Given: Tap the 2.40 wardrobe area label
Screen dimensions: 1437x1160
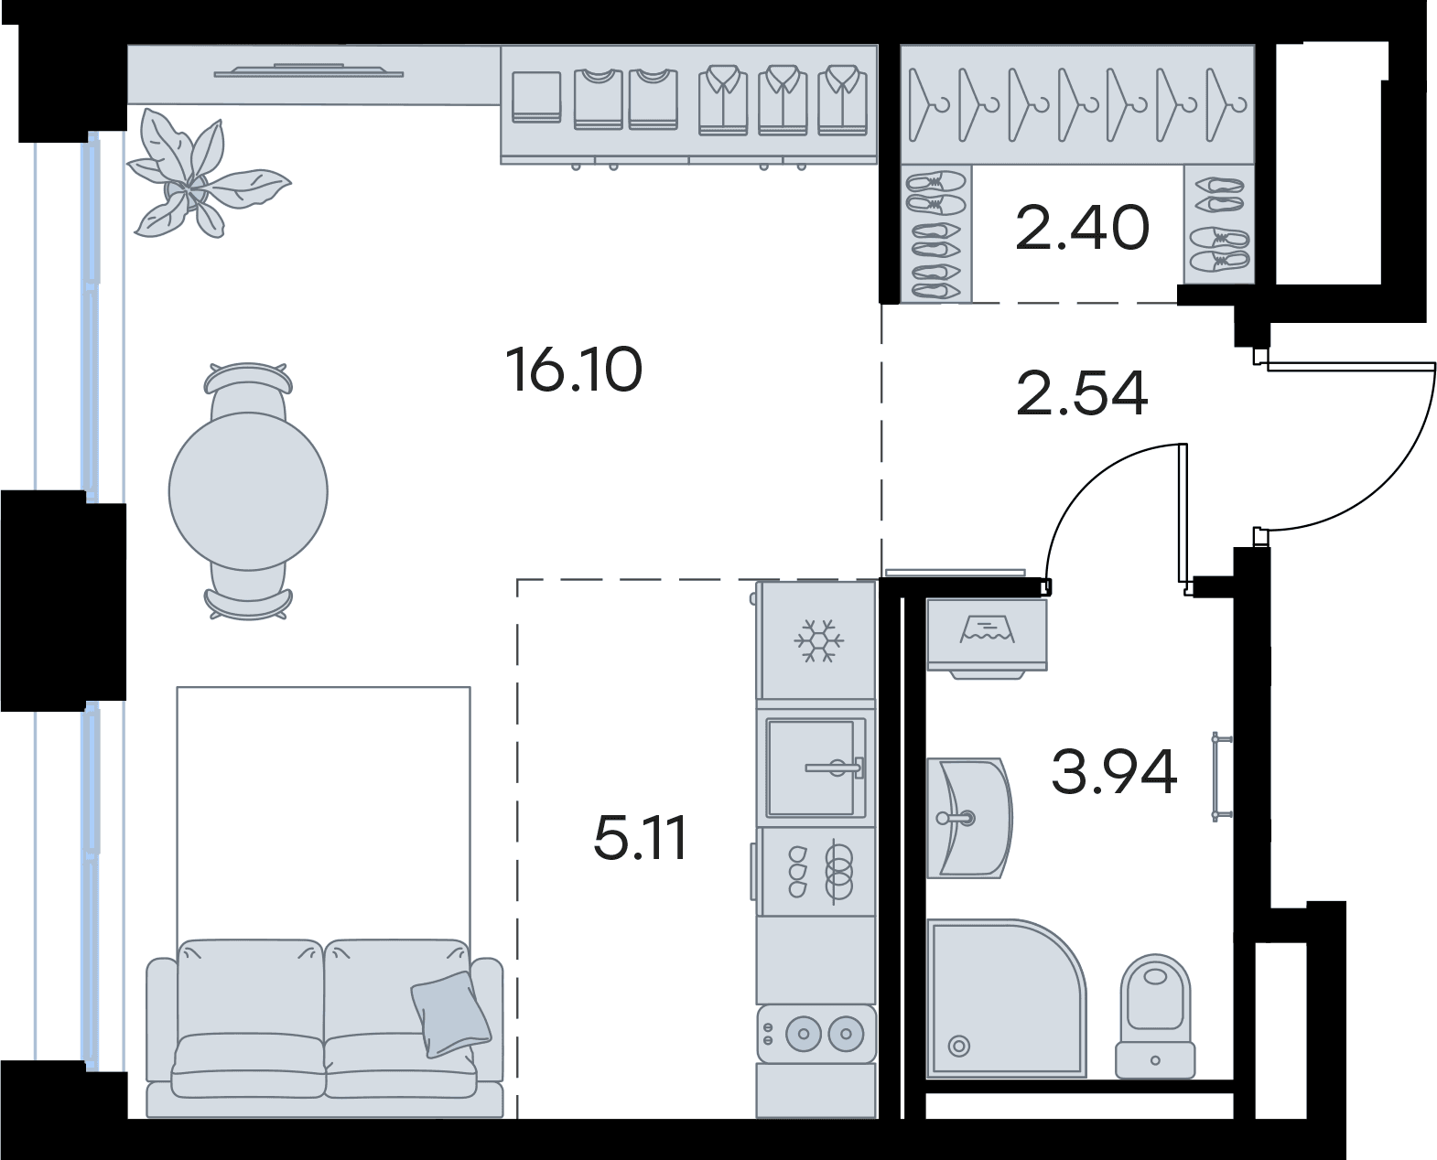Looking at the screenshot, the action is click(1082, 228).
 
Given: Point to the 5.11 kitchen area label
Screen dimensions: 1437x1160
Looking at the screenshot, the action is click(640, 838).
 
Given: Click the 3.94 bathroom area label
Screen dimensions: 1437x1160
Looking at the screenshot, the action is click(1115, 771).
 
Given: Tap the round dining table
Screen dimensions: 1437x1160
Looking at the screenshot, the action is click(248, 491).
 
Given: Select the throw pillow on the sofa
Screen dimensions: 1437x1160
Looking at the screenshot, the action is click(450, 1014).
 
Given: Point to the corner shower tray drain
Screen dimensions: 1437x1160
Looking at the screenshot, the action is click(958, 1047).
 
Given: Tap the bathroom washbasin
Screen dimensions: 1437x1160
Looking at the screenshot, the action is click(969, 817).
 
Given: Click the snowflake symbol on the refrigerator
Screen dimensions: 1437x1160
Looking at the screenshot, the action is click(818, 639).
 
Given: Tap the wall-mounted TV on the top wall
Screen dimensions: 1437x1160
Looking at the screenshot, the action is click(308, 70).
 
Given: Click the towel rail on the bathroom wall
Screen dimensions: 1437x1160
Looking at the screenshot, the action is click(1221, 777).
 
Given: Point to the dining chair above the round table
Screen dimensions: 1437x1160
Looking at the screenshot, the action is click(248, 390).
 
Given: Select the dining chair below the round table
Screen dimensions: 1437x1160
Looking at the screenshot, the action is click(248, 592).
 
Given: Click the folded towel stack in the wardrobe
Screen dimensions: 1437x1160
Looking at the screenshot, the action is click(536, 98).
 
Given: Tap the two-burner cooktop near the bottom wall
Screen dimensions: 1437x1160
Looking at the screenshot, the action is click(816, 1033).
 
